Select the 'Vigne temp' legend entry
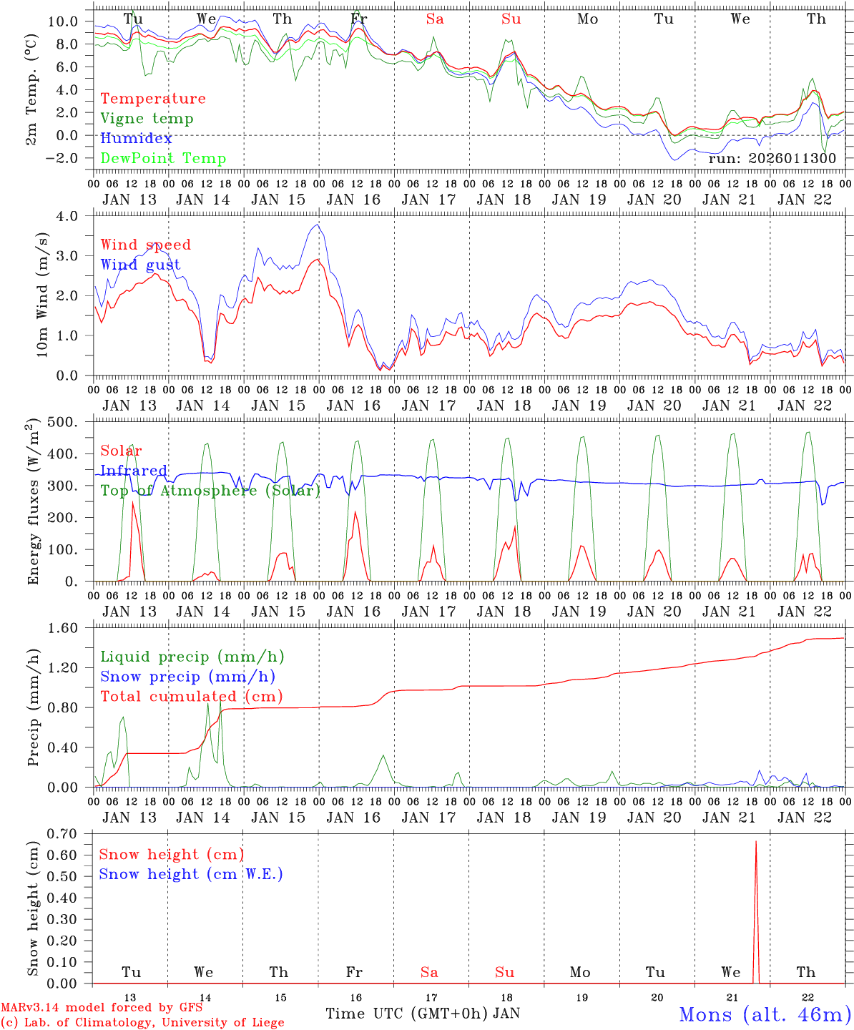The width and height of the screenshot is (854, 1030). [x=147, y=119]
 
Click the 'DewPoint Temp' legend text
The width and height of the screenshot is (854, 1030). [x=163, y=159]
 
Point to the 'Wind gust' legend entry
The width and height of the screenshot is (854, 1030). [x=140, y=265]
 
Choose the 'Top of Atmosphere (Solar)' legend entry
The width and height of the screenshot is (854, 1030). [x=210, y=491]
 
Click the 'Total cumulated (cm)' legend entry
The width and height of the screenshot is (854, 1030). [x=191, y=697]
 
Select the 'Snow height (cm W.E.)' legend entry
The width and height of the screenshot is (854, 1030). [x=191, y=874]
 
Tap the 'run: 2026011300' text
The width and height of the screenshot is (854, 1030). [x=772, y=159]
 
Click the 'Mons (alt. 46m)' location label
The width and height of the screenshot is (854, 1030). [x=765, y=1014]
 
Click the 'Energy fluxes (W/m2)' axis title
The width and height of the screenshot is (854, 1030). [x=34, y=503]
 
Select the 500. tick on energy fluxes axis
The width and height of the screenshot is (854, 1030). [x=72, y=422]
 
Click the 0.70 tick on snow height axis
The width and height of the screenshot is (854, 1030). [x=69, y=833]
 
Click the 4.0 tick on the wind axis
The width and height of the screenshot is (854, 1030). [x=75, y=216]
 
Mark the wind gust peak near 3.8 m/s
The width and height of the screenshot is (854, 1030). [x=318, y=225]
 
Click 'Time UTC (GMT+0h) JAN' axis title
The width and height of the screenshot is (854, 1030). [x=422, y=1014]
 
